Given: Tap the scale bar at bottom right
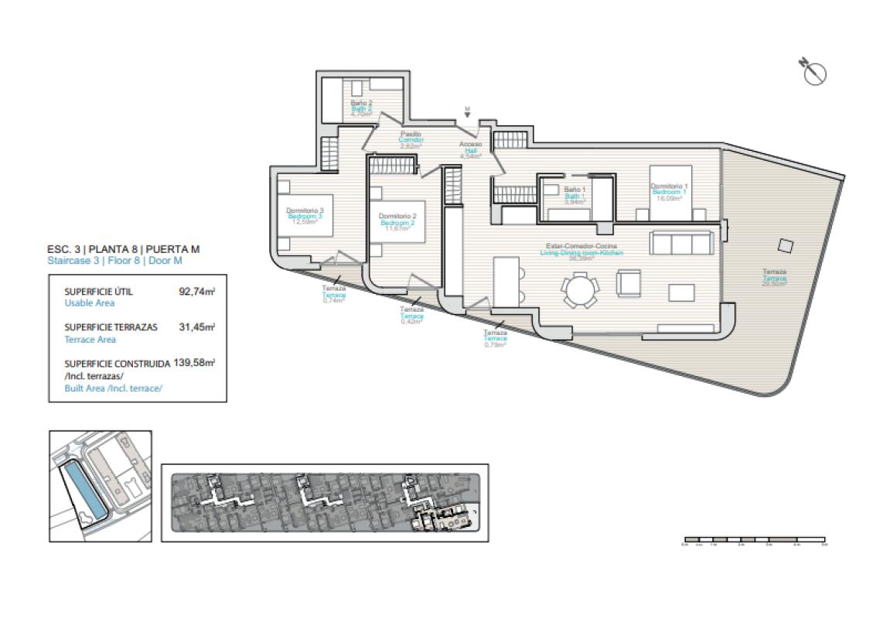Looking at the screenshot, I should tap(754, 539).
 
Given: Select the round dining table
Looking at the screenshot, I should tap(580, 292).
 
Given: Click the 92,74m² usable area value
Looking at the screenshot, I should tap(196, 292).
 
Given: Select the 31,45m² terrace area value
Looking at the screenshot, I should tap(196, 327).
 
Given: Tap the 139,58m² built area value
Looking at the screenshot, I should tap(193, 362).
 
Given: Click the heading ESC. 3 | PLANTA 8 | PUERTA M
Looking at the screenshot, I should tap(124, 249).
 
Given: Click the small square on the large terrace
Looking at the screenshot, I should tap(785, 245).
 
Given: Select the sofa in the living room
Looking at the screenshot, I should tap(682, 243).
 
